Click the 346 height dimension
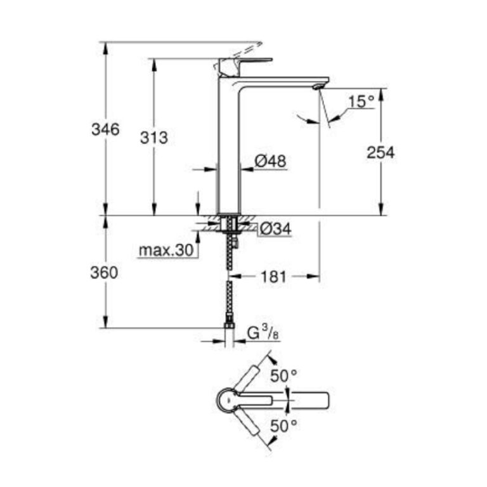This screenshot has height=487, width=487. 105,129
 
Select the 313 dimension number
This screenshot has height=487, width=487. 154,138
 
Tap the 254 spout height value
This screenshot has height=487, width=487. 380,152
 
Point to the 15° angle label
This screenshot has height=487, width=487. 361,101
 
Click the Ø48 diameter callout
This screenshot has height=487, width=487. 270,161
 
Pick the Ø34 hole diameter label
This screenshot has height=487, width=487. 275,229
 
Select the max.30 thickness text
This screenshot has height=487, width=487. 166,250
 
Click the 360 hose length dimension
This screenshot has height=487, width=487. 104,273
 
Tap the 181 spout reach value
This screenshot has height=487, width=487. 274,276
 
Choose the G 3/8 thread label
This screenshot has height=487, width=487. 263,334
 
